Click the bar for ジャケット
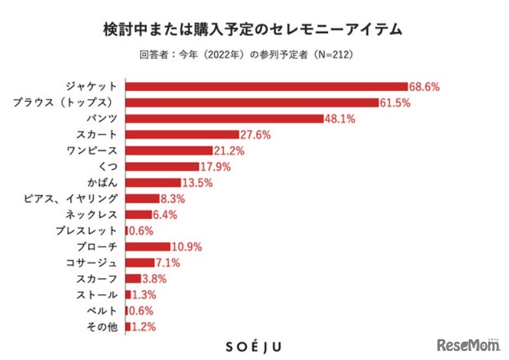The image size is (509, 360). pos(266,87)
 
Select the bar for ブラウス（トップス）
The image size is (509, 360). pos(252,102)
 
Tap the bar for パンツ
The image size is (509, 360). pos(225,118)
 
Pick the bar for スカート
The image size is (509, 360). pos(182,135)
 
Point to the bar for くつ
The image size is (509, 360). pos(162,167)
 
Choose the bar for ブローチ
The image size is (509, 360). pos(148,247)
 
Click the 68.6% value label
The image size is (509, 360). pos(424,87)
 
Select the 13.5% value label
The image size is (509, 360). pos(197,183)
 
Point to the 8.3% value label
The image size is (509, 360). pos(173,199)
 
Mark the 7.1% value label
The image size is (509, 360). pos(167,263)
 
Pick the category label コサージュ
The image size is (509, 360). pos(92,263)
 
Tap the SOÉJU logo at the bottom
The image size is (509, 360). pos(254,346)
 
